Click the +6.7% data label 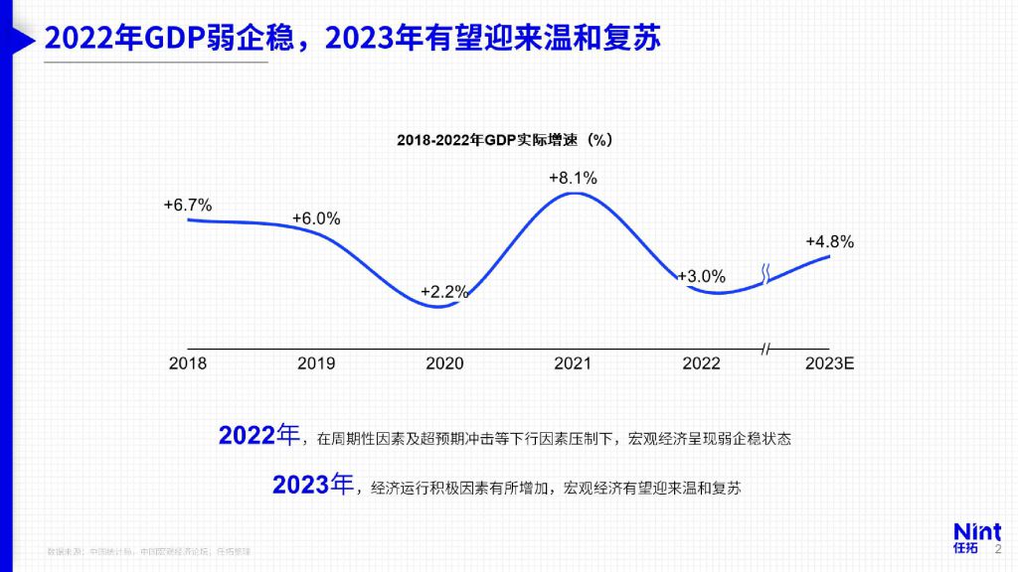[x=188, y=205]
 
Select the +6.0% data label [x=316, y=218]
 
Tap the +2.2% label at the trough [x=444, y=292]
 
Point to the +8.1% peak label [x=573, y=178]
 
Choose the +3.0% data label [x=702, y=276]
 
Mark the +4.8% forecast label [x=829, y=241]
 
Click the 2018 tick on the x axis [x=188, y=363]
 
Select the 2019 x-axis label [x=316, y=363]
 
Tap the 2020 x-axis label [x=444, y=363]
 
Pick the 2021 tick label [x=573, y=363]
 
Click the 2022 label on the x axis [x=701, y=363]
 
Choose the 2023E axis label [x=829, y=363]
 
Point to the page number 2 [x=998, y=547]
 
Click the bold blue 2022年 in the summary [x=258, y=436]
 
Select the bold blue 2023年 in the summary [x=312, y=485]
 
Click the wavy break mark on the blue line [x=765, y=274]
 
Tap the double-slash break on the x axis [x=765, y=349]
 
